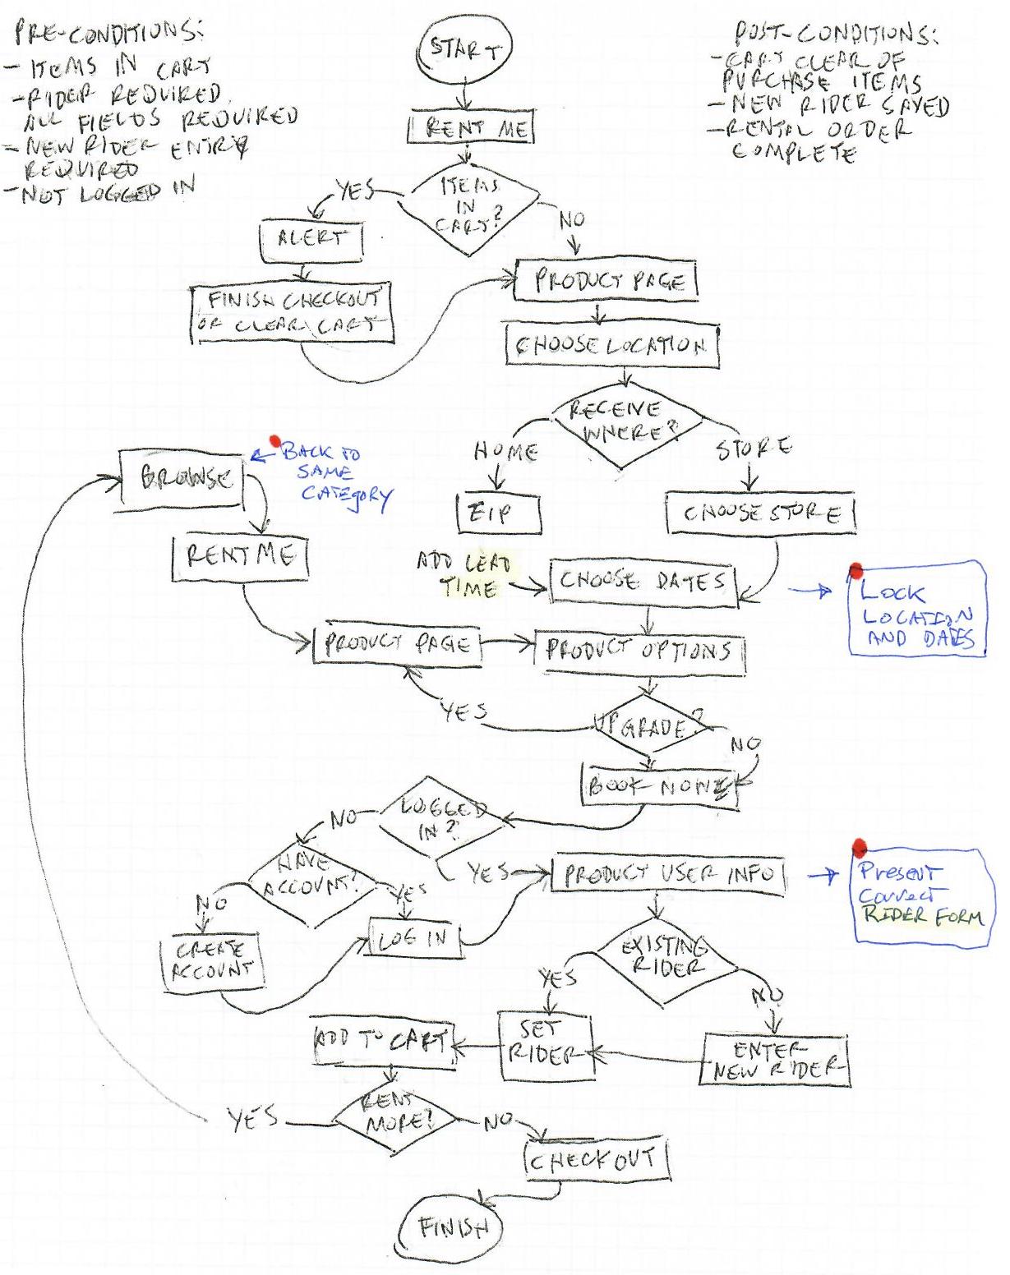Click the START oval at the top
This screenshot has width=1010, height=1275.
pyautogui.click(x=466, y=51)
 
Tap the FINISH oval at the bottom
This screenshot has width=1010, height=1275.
pyautogui.click(x=452, y=1227)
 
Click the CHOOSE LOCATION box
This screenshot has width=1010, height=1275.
pyautogui.click(x=612, y=346)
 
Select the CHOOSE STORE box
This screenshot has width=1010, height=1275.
pyautogui.click(x=760, y=514)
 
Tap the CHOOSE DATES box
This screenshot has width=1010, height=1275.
pyautogui.click(x=643, y=582)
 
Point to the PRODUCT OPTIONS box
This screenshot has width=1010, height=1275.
pyautogui.click(x=641, y=652)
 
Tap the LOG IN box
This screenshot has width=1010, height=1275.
pyautogui.click(x=416, y=937)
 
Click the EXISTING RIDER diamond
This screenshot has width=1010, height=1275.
pyautogui.click(x=664, y=960)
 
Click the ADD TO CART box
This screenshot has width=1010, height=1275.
pyautogui.click(x=383, y=1045)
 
